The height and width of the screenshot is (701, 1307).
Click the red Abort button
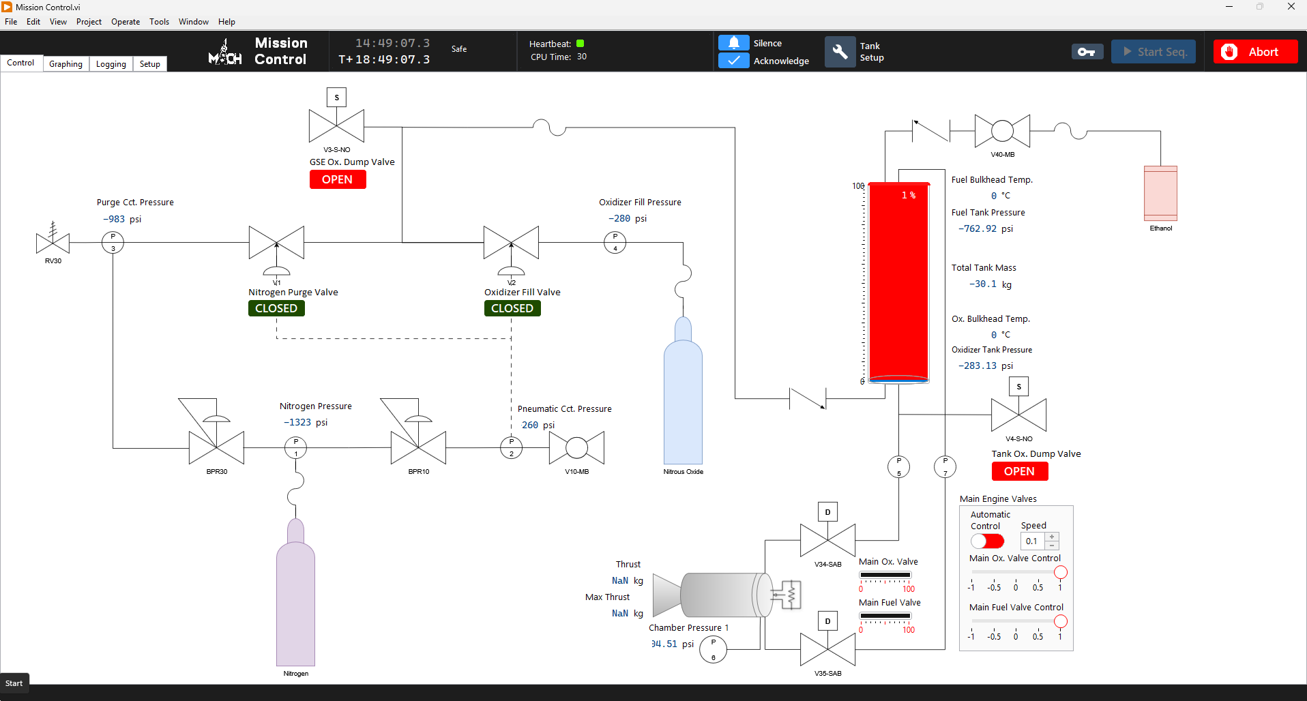[x=1255, y=52]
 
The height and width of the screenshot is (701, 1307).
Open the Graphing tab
[x=65, y=64]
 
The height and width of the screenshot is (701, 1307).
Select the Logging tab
[x=111, y=64]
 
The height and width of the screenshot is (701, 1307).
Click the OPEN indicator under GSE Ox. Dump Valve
[x=338, y=179]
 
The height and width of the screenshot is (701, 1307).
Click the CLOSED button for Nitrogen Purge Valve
[x=276, y=308]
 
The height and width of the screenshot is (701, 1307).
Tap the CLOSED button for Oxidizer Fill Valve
[x=512, y=308]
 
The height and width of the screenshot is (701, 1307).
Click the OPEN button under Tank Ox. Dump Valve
[x=1020, y=471]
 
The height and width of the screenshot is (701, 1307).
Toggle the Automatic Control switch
[x=987, y=541]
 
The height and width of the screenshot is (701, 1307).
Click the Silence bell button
[x=734, y=43]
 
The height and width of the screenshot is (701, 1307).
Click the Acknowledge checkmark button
[x=734, y=61]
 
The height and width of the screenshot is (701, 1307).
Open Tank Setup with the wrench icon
[x=840, y=52]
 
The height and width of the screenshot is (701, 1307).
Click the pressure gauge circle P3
[x=113, y=242]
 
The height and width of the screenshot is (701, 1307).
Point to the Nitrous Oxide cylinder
[x=683, y=402]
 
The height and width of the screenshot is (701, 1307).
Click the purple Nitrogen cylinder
[x=295, y=600]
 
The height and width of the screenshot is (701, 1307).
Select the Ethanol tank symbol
[x=1160, y=194]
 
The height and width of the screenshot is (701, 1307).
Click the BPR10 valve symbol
[x=418, y=447]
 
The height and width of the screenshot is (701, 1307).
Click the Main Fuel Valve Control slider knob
[x=1061, y=621]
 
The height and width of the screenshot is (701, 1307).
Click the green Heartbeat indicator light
[x=581, y=44]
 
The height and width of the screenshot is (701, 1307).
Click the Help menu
[x=226, y=22]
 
